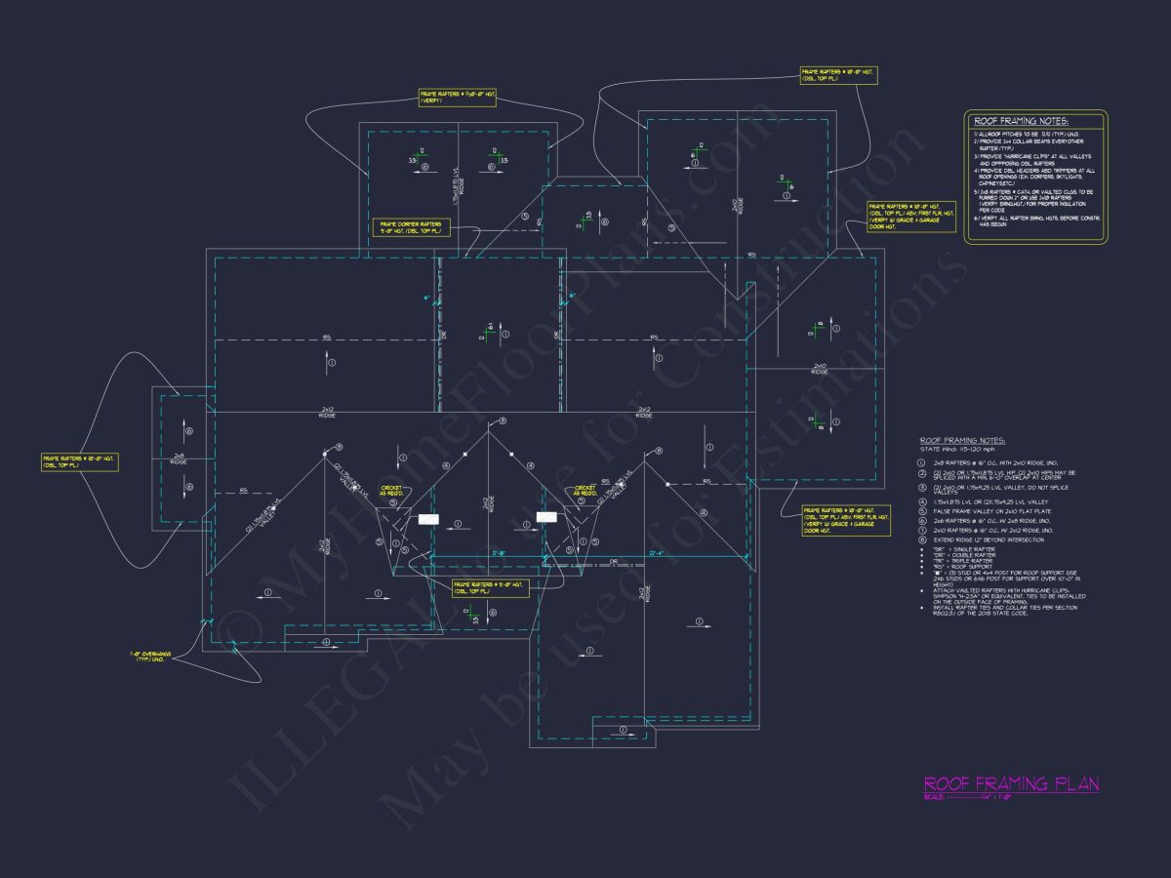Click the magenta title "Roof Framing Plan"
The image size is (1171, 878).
coord(1011,783)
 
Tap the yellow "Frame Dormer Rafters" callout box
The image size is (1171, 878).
coord(410,227)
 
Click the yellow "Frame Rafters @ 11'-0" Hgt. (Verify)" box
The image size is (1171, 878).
coord(456,97)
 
